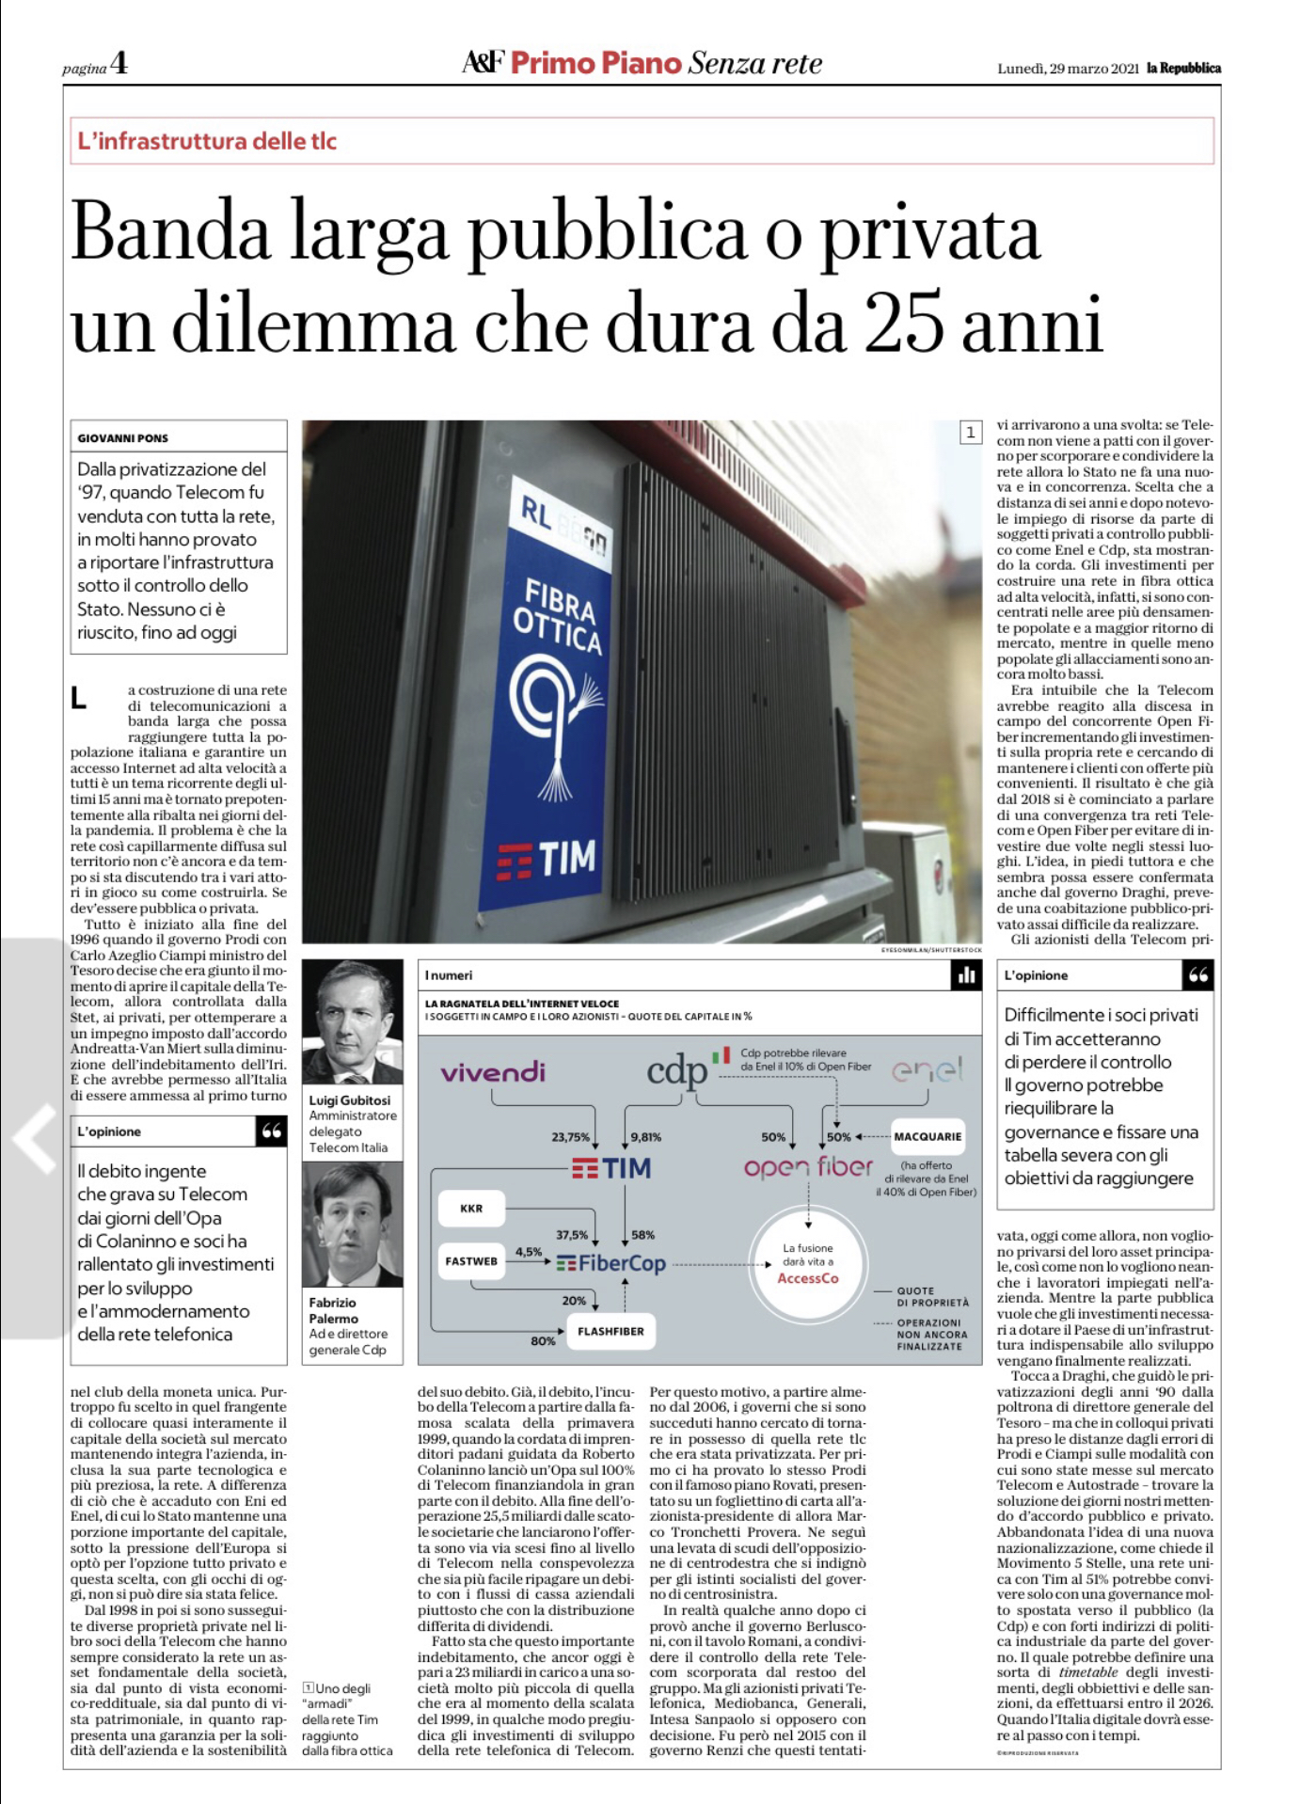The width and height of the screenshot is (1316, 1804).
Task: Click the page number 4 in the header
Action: (x=119, y=64)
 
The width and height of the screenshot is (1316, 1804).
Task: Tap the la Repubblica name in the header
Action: (x=1183, y=69)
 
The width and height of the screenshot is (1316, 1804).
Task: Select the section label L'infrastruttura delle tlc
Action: (x=207, y=141)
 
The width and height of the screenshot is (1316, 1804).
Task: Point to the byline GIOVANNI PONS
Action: (x=123, y=438)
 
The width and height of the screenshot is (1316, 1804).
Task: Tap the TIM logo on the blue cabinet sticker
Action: (x=547, y=859)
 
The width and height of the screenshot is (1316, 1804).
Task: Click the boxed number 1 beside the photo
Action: (x=970, y=433)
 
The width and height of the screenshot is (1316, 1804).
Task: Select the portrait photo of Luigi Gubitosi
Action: (x=353, y=1022)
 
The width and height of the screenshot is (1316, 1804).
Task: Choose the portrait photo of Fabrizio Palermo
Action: (x=353, y=1225)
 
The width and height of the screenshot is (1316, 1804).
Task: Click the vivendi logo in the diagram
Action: (x=493, y=1072)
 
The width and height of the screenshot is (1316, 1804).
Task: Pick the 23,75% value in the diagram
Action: (x=570, y=1137)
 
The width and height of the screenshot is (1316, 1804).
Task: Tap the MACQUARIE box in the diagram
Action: (x=928, y=1136)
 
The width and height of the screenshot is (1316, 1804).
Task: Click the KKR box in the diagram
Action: (x=471, y=1209)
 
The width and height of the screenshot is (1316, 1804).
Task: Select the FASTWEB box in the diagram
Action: (x=471, y=1261)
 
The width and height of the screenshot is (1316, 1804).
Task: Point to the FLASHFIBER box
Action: (x=610, y=1331)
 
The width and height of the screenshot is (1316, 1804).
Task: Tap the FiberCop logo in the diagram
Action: (x=611, y=1263)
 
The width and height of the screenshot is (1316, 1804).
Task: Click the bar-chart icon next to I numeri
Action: (x=966, y=975)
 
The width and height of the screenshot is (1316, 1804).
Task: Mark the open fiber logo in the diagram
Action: (x=808, y=1167)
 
